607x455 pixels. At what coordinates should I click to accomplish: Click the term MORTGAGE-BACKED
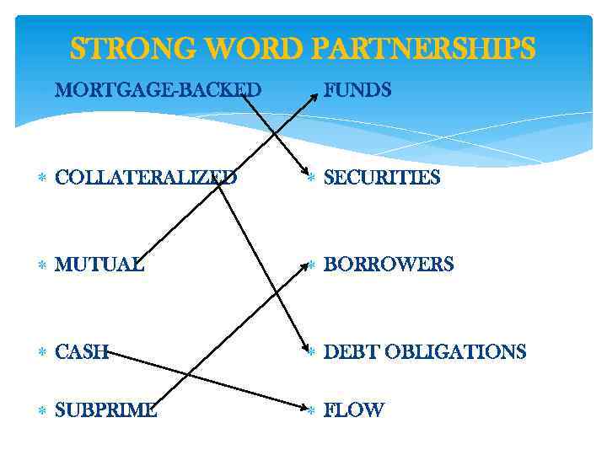coord(158,89)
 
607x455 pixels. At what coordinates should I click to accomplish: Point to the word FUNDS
coord(357,89)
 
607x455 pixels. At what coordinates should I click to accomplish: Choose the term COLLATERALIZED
coord(146,178)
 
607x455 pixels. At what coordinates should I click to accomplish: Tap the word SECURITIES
coord(382,178)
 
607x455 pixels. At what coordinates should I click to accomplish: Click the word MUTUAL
coord(99,265)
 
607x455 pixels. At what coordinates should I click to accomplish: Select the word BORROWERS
coord(389,265)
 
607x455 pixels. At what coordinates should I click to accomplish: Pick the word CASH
coord(82,352)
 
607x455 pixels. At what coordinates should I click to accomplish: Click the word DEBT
coord(350,352)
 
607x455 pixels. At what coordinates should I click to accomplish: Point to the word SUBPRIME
coord(105,410)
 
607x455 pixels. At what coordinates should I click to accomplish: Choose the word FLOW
coord(354,410)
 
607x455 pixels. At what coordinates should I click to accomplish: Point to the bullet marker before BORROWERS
coord(311,265)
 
